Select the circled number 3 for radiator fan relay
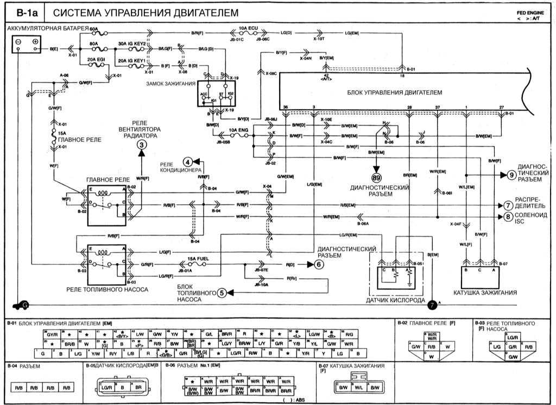[x=141, y=145]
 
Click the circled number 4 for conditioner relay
[x=187, y=161]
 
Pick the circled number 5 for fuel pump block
[x=222, y=294]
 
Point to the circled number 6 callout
[x=319, y=265]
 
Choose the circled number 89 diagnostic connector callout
[x=376, y=177]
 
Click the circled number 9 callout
[x=511, y=175]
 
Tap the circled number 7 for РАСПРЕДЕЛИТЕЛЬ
[x=508, y=205]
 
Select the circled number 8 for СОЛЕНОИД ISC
[x=508, y=216]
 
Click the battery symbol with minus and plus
[x=27, y=46]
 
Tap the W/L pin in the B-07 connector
[x=358, y=387]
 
